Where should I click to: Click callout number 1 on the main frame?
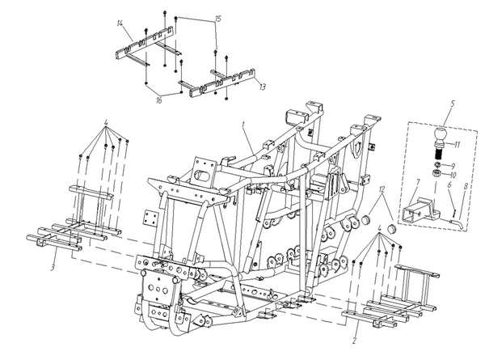pyautogui.click(x=243, y=125)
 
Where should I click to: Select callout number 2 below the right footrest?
pyautogui.click(x=355, y=341)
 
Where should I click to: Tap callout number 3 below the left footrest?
pyautogui.click(x=53, y=267)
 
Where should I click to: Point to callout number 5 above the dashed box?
pyautogui.click(x=453, y=103)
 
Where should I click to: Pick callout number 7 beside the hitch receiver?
pyautogui.click(x=417, y=182)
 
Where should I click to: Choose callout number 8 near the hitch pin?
pyautogui.click(x=466, y=187)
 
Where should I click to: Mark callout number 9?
pyautogui.click(x=453, y=166)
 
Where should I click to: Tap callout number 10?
pyautogui.click(x=453, y=176)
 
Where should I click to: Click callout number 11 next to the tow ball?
pyautogui.click(x=458, y=145)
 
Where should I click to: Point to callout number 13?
pyautogui.click(x=262, y=87)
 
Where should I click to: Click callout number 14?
pyautogui.click(x=120, y=23)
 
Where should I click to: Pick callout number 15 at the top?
pyautogui.click(x=218, y=19)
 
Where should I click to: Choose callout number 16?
pyautogui.click(x=159, y=100)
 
